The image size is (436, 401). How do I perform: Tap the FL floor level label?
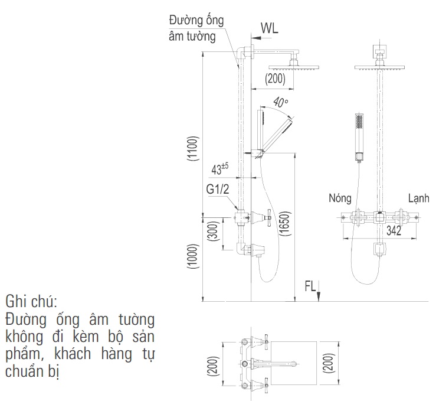click(x=311, y=287)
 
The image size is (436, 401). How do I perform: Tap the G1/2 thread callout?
click(x=218, y=190)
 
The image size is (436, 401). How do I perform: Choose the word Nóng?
click(x=340, y=198)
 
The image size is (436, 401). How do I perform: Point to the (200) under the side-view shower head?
click(x=275, y=78)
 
